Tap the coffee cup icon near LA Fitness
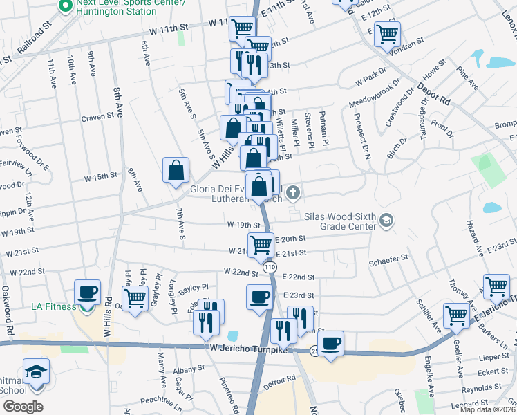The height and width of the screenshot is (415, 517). point(88,293)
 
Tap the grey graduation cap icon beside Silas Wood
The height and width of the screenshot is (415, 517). point(386,221)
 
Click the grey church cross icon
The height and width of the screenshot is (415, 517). point(293,192)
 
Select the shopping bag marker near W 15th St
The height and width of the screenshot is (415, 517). point(176,170)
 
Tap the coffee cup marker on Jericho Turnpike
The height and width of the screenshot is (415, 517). point(330,343)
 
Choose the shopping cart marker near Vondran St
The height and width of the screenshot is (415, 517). point(388,33)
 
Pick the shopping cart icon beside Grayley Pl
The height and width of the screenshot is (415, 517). point(135,298)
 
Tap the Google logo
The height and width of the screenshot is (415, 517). point(23,407)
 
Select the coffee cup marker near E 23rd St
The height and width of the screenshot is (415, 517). point(260,297)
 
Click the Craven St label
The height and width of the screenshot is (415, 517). point(97,118)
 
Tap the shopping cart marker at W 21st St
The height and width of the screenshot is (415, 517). point(261,244)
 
